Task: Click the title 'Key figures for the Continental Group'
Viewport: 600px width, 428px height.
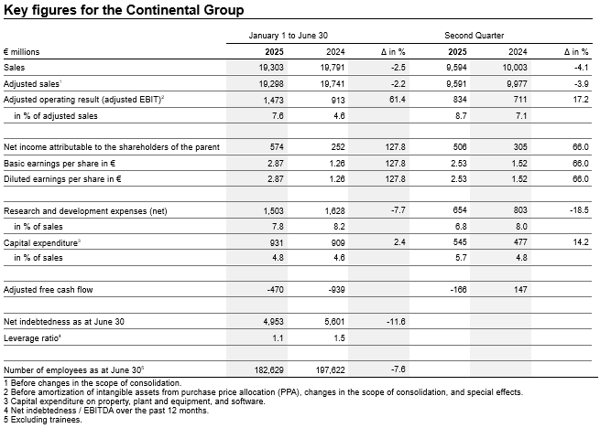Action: tap(124, 10)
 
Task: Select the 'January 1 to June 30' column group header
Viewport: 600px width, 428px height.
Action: tap(289, 36)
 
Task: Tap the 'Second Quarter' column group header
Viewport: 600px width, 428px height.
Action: tap(475, 36)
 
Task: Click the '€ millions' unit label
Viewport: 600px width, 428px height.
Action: tap(21, 52)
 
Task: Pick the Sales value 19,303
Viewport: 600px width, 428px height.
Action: tap(271, 68)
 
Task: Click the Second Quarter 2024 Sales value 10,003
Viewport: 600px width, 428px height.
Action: tap(515, 68)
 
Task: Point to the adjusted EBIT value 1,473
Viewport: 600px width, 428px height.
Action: tap(273, 100)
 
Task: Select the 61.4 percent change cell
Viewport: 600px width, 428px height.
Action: tap(397, 100)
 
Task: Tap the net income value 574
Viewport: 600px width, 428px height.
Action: tap(276, 147)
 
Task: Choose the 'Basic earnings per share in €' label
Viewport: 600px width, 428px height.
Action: tap(60, 164)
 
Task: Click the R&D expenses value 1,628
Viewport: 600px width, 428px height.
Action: tap(334, 211)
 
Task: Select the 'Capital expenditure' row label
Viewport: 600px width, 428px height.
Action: tap(42, 243)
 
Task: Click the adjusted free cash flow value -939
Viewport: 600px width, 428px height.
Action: tap(336, 290)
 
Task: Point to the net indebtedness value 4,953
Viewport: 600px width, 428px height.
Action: tap(273, 322)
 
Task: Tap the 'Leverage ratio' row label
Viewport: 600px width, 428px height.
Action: tap(33, 338)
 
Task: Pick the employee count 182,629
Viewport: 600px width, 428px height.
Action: tap(269, 370)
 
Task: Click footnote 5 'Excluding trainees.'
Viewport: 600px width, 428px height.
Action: tap(43, 420)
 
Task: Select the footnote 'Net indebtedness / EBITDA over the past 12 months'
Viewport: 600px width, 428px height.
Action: tap(106, 411)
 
